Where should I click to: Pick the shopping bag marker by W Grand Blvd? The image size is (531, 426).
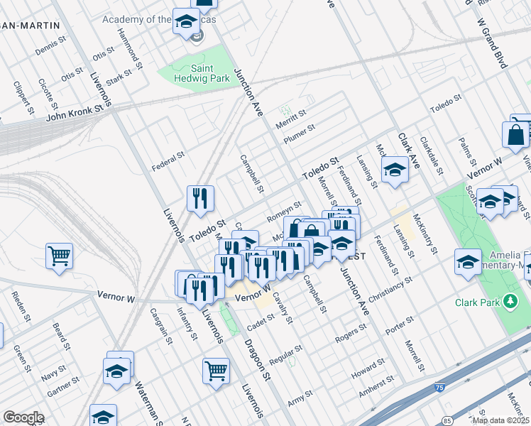[x=515, y=135]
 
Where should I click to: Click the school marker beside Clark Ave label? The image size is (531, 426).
[x=395, y=170]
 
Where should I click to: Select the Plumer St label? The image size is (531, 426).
[x=299, y=133]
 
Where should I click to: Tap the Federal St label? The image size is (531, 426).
[x=168, y=160]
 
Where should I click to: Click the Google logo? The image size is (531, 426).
[x=23, y=417]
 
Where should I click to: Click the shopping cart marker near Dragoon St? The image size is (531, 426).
[x=216, y=370]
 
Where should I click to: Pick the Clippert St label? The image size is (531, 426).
[x=23, y=97]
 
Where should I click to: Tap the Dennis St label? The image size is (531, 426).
[x=50, y=48]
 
